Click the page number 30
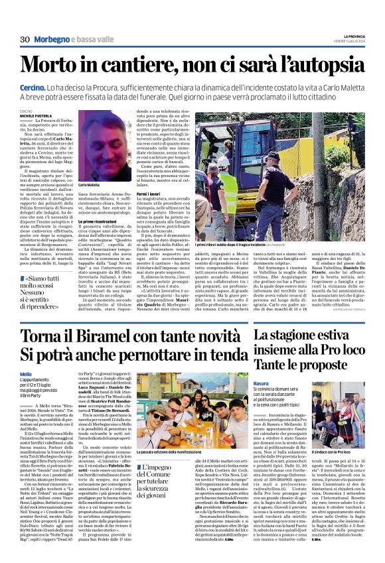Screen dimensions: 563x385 (25, 40)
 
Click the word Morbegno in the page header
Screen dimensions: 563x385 (53, 40)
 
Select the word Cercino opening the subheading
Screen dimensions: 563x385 (32, 87)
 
